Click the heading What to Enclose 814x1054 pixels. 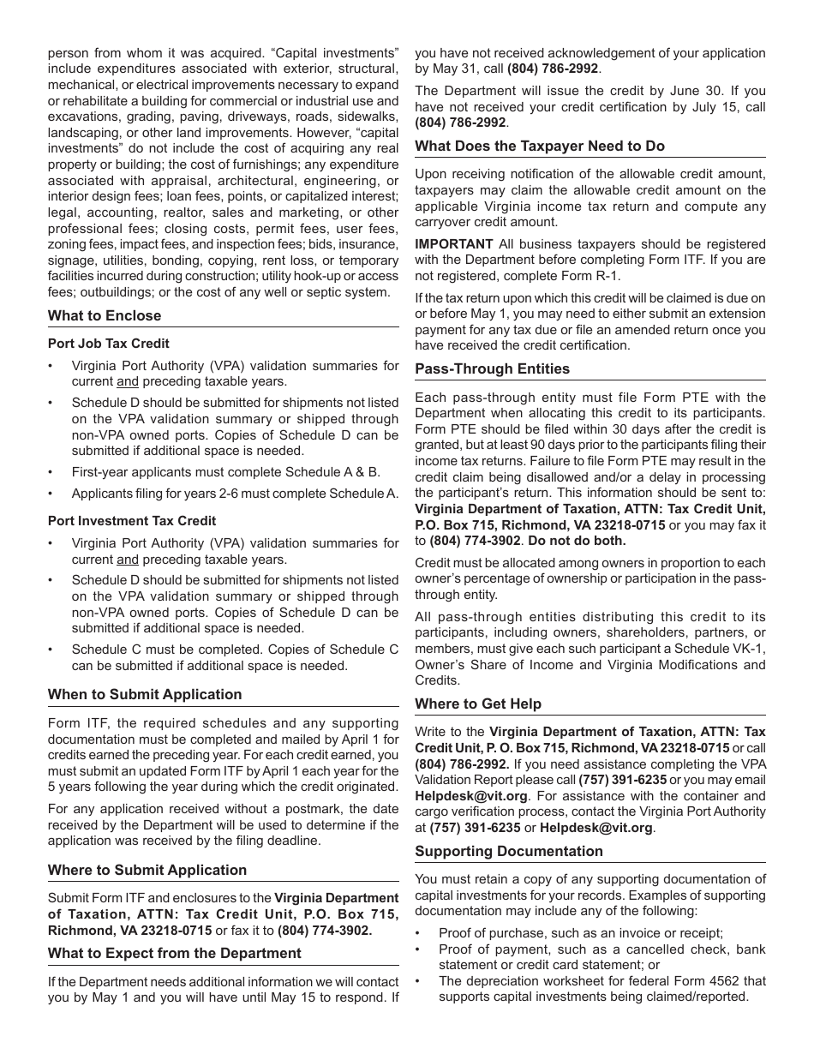tap(105, 315)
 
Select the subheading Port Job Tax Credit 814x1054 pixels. tap(109, 344)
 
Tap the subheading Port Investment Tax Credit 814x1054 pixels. tap(132, 521)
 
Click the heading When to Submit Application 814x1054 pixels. tap(145, 694)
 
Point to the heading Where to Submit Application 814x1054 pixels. tap(147, 870)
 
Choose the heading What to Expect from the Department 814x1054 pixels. tap(175, 953)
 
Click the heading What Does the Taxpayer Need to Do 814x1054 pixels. tap(540, 146)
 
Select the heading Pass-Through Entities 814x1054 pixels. tap(493, 369)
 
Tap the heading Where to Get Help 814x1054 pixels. tap(478, 704)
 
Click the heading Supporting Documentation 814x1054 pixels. tap(509, 851)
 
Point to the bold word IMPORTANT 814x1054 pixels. tap(454, 244)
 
